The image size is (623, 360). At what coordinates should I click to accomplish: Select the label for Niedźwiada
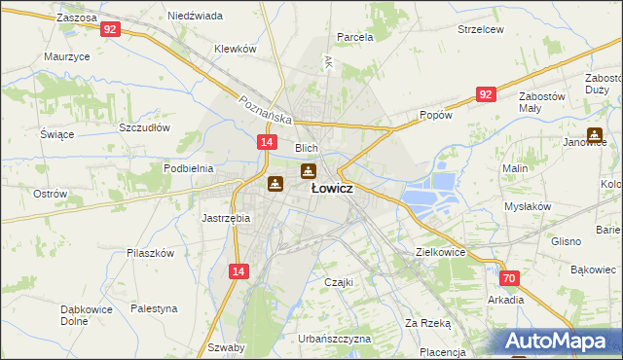[195, 17]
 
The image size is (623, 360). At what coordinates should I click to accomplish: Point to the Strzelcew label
[481, 29]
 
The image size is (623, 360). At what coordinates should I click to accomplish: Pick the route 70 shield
[510, 278]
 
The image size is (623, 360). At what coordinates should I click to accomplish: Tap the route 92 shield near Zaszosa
[110, 29]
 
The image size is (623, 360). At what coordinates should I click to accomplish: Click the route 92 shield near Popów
[487, 94]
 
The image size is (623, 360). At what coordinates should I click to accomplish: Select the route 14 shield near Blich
[266, 142]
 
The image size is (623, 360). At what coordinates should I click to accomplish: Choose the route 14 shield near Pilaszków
[238, 273]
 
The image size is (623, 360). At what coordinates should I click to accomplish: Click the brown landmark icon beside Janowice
[594, 136]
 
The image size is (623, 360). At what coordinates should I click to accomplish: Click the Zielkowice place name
[440, 252]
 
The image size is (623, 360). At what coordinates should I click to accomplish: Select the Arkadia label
[506, 300]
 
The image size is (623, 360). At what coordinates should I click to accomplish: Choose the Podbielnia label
[188, 168]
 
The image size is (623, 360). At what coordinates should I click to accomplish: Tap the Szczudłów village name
[144, 127]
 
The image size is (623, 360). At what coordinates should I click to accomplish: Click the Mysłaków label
[528, 207]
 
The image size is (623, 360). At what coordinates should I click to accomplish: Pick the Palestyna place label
[155, 308]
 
